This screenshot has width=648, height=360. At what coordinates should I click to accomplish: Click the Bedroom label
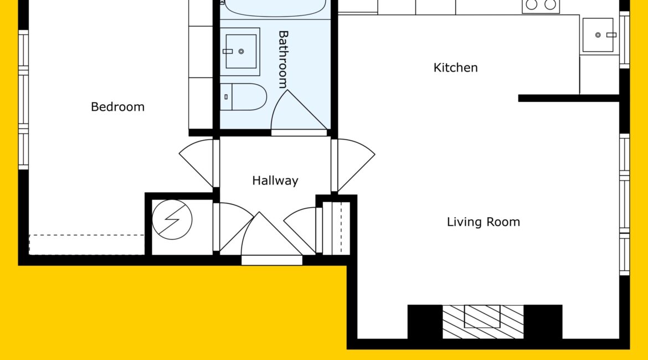(118, 107)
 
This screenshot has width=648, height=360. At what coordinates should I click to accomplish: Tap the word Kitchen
(455, 68)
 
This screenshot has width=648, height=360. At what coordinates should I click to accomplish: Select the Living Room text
(483, 222)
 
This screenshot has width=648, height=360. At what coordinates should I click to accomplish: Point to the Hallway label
(275, 181)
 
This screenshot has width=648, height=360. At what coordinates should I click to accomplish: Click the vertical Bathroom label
(283, 59)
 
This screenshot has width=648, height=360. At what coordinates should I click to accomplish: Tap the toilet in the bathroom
(243, 97)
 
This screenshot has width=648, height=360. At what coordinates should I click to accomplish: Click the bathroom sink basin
(240, 52)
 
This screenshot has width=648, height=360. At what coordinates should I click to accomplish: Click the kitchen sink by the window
(598, 35)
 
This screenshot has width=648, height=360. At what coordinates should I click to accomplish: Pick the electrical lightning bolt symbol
(172, 220)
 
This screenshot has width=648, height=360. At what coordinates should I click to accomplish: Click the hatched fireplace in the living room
(483, 322)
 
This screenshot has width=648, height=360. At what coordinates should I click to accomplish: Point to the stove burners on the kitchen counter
(541, 6)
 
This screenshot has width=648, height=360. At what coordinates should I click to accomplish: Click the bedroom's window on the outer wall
(24, 100)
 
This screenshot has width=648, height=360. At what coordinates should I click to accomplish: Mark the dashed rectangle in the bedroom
(87, 245)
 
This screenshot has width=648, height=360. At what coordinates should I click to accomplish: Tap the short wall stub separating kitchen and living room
(569, 98)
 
